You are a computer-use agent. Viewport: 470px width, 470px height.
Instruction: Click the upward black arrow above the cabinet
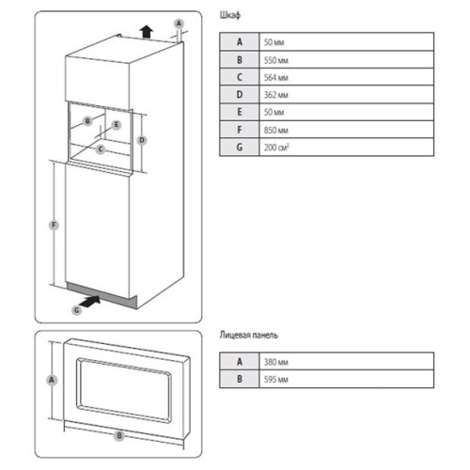pos(147,32)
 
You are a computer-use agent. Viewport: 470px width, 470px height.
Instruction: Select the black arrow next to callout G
pos(90,302)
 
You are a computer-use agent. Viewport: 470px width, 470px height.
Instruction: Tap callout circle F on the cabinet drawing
pos(54,225)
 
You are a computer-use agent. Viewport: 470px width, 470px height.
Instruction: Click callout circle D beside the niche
pos(142,140)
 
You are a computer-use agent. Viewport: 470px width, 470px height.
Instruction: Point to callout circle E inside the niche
pos(117,125)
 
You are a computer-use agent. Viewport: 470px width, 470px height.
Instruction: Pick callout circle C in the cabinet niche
pos(101,149)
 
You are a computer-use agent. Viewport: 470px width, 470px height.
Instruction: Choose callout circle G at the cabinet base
pos(77,310)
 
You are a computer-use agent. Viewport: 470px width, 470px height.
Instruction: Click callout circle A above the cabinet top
pos(179,23)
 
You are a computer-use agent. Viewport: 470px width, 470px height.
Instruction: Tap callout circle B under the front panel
pos(119,435)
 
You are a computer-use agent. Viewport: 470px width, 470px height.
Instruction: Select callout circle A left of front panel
pos(52,380)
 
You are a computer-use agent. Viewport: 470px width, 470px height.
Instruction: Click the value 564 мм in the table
pos(275,77)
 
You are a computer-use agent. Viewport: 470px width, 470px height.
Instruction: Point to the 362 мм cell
pos(275,95)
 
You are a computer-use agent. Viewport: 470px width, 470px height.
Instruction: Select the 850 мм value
pos(275,130)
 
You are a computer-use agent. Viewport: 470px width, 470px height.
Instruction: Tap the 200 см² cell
pos(276,147)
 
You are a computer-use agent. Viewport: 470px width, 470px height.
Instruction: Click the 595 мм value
pos(275,380)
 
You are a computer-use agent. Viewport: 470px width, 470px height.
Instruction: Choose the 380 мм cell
pos(275,362)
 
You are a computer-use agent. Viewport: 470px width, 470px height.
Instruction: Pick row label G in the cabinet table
pos(240,147)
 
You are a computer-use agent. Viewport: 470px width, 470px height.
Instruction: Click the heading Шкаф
pos(230,15)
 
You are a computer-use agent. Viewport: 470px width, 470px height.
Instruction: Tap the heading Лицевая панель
pos(249,336)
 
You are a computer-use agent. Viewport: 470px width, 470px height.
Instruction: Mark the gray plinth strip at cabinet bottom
pos(102,295)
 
